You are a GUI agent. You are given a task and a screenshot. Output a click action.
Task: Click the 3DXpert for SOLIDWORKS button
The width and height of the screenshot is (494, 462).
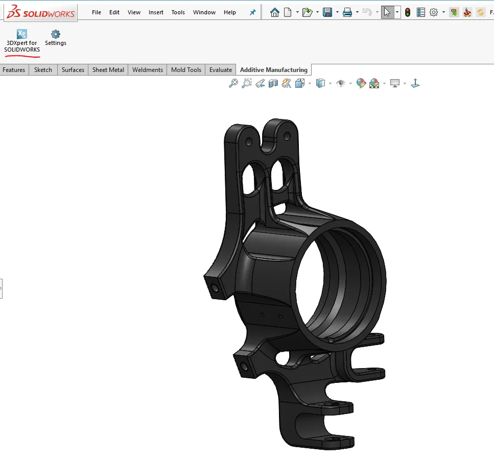21,40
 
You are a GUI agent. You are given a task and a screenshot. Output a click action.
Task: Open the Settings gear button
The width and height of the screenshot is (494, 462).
56,38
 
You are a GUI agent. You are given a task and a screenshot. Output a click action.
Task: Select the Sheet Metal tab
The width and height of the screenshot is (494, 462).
108,70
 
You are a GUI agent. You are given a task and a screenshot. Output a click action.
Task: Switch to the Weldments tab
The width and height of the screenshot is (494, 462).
148,70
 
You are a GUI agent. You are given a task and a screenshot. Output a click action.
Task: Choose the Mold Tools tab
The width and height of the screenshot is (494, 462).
186,70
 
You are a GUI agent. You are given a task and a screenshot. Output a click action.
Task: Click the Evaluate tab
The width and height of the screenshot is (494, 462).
221,70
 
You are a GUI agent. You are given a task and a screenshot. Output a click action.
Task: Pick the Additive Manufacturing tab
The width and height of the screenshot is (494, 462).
273,70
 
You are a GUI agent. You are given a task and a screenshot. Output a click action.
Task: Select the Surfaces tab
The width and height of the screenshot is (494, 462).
73,70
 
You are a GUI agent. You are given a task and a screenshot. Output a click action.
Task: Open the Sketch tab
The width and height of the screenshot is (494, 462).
43,70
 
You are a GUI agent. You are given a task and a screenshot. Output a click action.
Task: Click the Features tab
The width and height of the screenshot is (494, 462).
14,70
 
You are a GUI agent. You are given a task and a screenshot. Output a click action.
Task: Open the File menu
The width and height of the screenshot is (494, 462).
97,12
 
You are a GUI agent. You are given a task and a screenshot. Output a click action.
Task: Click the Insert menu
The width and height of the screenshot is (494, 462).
156,12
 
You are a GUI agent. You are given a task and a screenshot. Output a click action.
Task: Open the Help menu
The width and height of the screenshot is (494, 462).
230,12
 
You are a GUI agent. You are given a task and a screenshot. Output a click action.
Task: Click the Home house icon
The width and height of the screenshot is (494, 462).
275,12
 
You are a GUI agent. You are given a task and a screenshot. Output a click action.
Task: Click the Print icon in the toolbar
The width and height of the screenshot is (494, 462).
347,12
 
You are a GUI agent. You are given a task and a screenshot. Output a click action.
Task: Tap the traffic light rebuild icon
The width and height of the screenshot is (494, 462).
407,12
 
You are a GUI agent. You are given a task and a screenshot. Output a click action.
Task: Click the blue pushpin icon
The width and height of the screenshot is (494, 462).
252,12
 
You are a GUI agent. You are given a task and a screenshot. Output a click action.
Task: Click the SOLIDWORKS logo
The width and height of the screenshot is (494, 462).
39,12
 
